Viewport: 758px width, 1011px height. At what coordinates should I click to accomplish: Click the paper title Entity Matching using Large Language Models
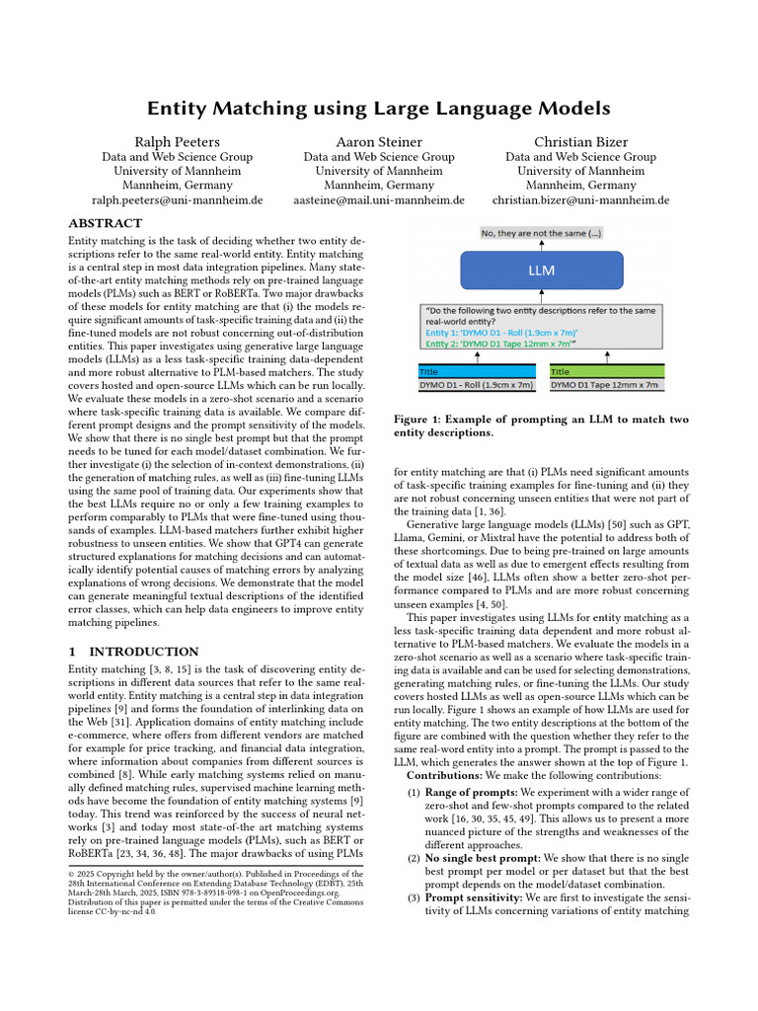(379, 108)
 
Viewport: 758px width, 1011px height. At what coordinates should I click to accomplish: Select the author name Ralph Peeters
(178, 142)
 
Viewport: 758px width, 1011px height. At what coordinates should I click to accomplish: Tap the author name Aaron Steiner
(379, 142)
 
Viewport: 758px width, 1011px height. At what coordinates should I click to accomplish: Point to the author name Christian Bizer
(580, 142)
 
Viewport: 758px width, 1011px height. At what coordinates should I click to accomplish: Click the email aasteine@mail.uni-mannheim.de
(379, 199)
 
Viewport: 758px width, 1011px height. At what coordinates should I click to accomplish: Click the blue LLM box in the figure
(541, 270)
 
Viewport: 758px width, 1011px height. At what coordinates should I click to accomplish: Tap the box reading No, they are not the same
(541, 233)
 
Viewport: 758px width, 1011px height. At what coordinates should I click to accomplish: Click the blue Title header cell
(478, 372)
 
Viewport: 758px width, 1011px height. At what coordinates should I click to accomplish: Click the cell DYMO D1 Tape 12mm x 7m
(606, 384)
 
